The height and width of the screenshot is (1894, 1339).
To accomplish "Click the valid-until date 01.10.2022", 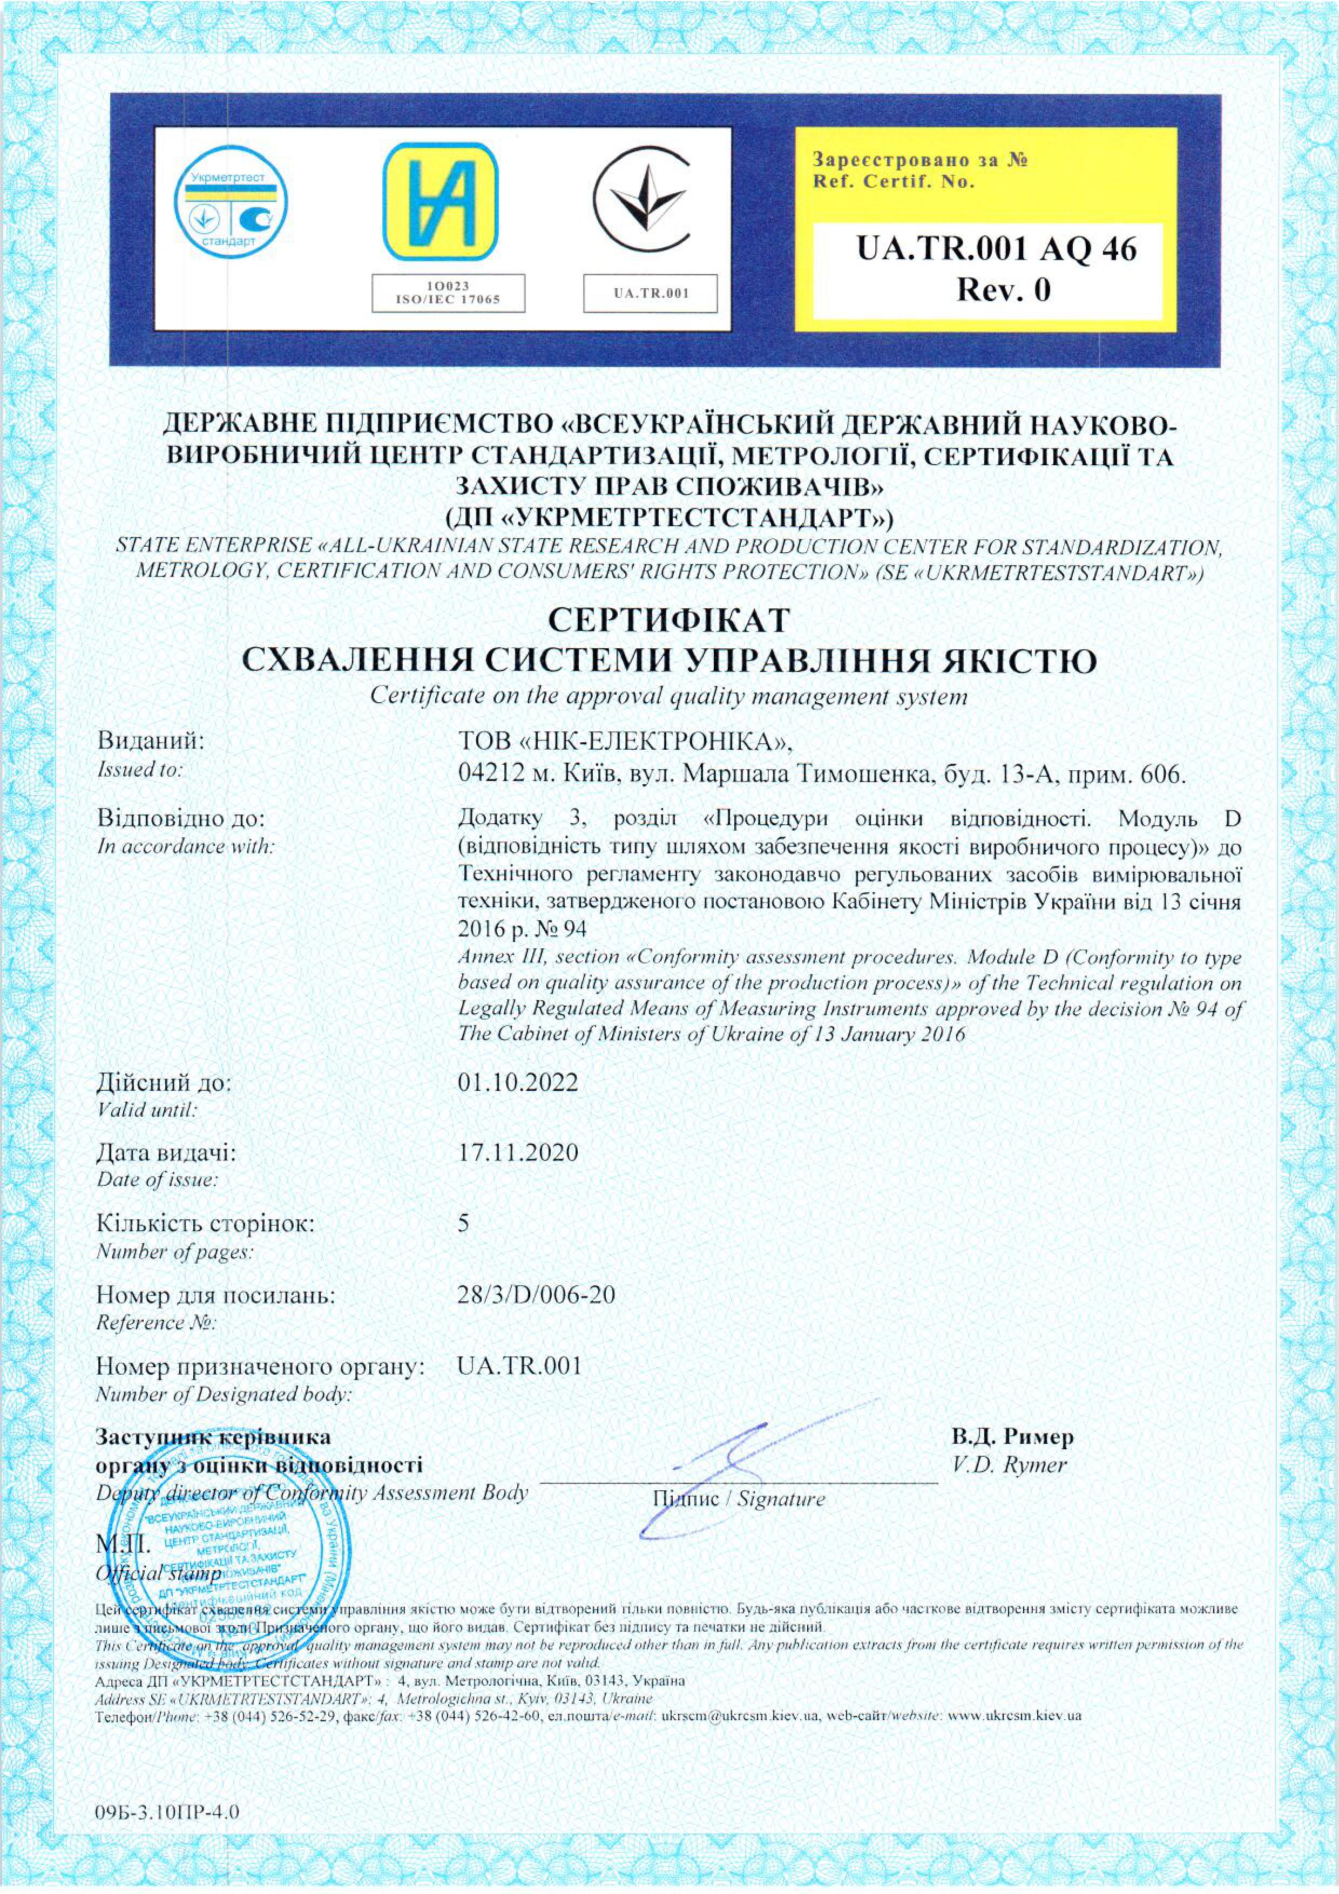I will (x=517, y=1082).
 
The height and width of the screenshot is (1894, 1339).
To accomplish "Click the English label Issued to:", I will (x=139, y=770).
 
